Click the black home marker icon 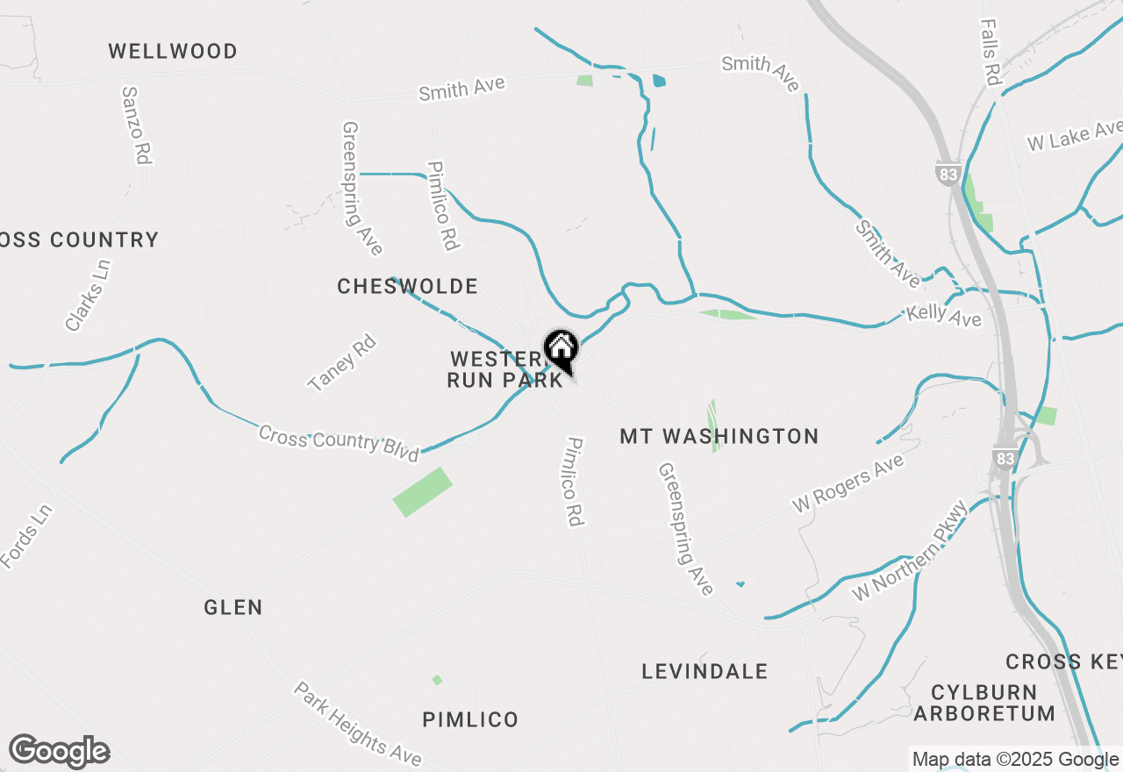coord(561,349)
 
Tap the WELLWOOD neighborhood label coord(173,52)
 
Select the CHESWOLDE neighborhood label coord(408,287)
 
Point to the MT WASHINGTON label coord(719,436)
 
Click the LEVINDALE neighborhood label coord(705,672)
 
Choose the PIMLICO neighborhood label coord(470,720)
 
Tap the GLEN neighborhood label coord(233,607)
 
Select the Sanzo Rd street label coord(138,125)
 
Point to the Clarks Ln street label coord(89,296)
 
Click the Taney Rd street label coord(342,363)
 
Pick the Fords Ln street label coord(27,535)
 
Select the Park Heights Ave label coord(357,724)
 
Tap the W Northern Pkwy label coord(911,551)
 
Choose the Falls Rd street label coord(991,53)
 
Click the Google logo coord(59,752)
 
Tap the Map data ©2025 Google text coord(1014,760)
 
